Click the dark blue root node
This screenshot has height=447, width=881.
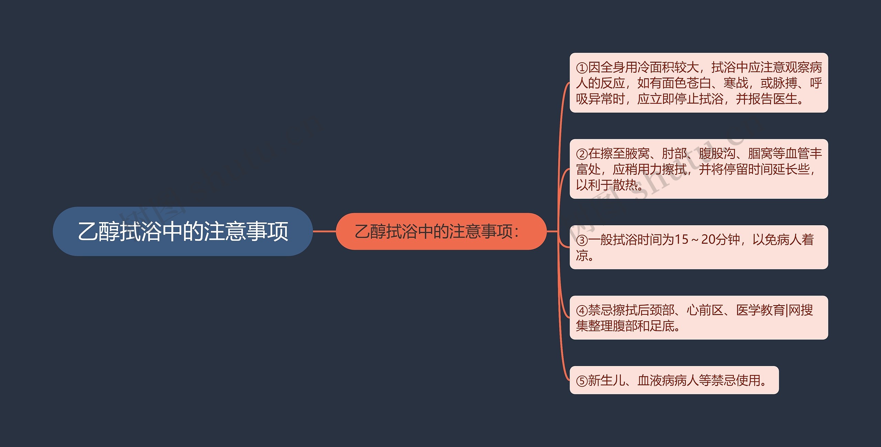182,231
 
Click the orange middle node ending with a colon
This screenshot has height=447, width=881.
441,231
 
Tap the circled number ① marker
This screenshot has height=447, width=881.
582,68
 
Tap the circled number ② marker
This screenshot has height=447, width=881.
582,154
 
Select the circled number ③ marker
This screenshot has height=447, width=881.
582,240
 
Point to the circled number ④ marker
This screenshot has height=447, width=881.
582,311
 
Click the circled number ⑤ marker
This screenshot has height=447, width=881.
582,381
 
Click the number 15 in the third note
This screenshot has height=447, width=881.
681,240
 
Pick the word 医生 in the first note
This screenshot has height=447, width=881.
785,99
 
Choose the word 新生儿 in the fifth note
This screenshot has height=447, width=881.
606,381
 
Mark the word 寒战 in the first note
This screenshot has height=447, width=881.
736,83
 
